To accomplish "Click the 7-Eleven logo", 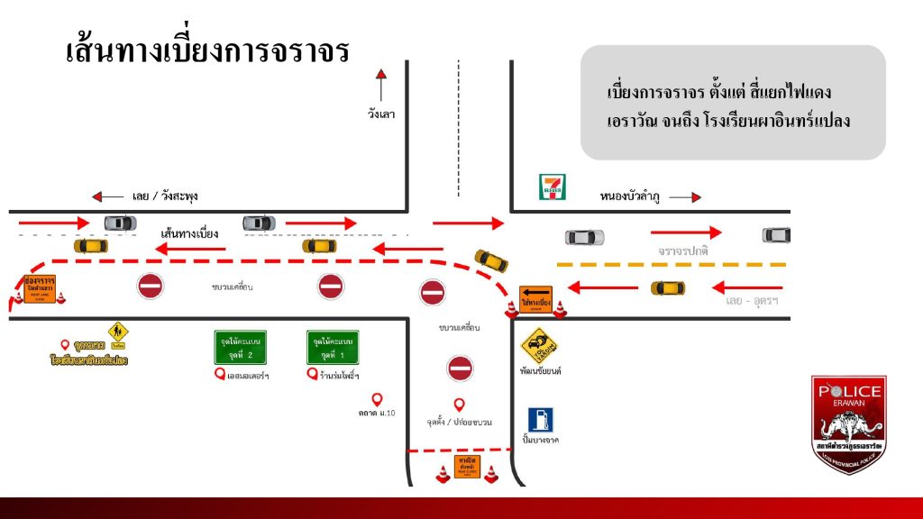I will pos(553,187).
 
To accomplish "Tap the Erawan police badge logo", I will pos(849,423).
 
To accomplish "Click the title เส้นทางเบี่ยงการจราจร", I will pos(206,51).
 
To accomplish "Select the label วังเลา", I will pos(381,114).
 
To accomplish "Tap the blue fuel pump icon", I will pos(540,420).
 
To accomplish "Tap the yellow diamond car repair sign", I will pos(539,346).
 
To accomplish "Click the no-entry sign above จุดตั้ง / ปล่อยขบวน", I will pos(460,368).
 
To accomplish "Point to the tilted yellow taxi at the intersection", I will pos(491,259).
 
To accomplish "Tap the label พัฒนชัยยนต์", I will pos(541,370).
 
